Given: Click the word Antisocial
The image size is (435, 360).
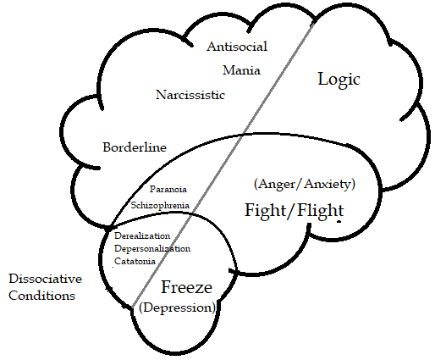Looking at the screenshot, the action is pyautogui.click(x=237, y=47).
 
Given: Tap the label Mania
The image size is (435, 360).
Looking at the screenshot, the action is pyautogui.click(x=241, y=70).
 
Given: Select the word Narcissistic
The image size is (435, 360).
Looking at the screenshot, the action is pyautogui.click(x=190, y=95).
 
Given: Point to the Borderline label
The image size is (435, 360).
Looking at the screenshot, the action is pyautogui.click(x=135, y=147).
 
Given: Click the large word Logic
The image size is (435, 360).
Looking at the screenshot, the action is pyautogui.click(x=339, y=80).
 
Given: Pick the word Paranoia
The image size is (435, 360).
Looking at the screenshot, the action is pyautogui.click(x=168, y=189).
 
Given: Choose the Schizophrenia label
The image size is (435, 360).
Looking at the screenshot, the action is pyautogui.click(x=160, y=205).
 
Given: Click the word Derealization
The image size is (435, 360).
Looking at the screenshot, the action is pyautogui.click(x=142, y=235).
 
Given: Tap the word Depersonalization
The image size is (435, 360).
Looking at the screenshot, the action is pyautogui.click(x=152, y=249).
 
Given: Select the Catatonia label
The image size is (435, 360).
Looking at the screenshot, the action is pyautogui.click(x=135, y=261).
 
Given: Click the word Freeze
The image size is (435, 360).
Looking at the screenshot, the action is pyautogui.click(x=186, y=287).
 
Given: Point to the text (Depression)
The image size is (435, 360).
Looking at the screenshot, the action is pyautogui.click(x=177, y=307).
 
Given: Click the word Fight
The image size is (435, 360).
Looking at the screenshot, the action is pyautogui.click(x=266, y=211).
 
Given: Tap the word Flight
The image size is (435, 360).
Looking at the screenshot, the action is pyautogui.click(x=321, y=211).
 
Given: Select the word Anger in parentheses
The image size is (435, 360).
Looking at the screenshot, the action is pyautogui.click(x=277, y=184).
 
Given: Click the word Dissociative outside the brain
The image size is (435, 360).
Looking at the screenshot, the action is pyautogui.click(x=46, y=279).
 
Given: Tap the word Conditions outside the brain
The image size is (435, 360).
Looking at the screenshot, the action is pyautogui.click(x=42, y=296).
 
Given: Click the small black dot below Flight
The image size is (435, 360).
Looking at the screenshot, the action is pyautogui.click(x=339, y=222).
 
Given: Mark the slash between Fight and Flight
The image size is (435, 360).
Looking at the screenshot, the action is pyautogui.click(x=292, y=211).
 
